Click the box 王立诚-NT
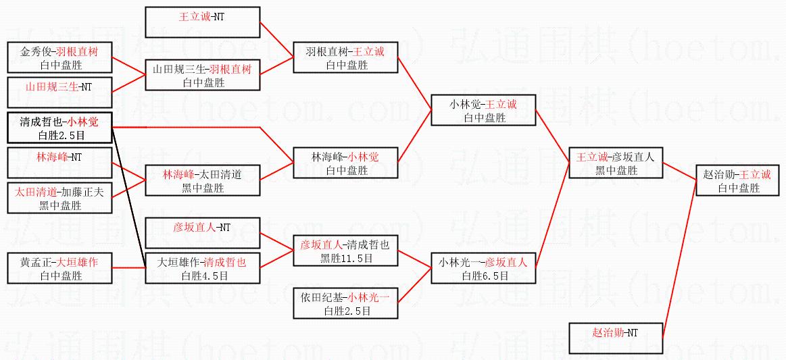pos(203,22)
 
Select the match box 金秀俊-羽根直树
pos(59,57)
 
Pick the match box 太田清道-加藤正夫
pos(59,199)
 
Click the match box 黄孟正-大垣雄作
pos(59,269)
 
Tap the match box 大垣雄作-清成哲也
pos(203,269)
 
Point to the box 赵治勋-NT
pos(614,339)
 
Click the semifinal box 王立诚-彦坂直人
pos(614,163)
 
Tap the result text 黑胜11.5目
pos(346,258)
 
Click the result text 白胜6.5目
pos(483,276)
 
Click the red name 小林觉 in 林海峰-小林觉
pos(365,157)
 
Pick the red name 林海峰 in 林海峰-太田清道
pos(176,174)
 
